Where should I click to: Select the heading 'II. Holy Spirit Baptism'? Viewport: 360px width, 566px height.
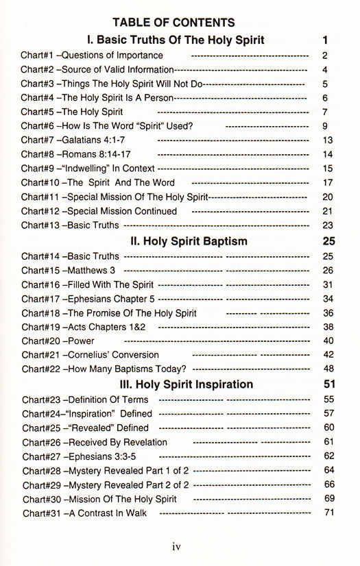189,241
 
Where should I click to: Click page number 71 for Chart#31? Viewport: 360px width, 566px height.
328,513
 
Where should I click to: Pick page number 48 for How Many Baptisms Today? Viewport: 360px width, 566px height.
328,369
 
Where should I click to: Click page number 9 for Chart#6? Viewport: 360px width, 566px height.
325,125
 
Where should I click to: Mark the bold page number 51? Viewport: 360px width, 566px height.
328,384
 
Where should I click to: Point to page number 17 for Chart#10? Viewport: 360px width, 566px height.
327,182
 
